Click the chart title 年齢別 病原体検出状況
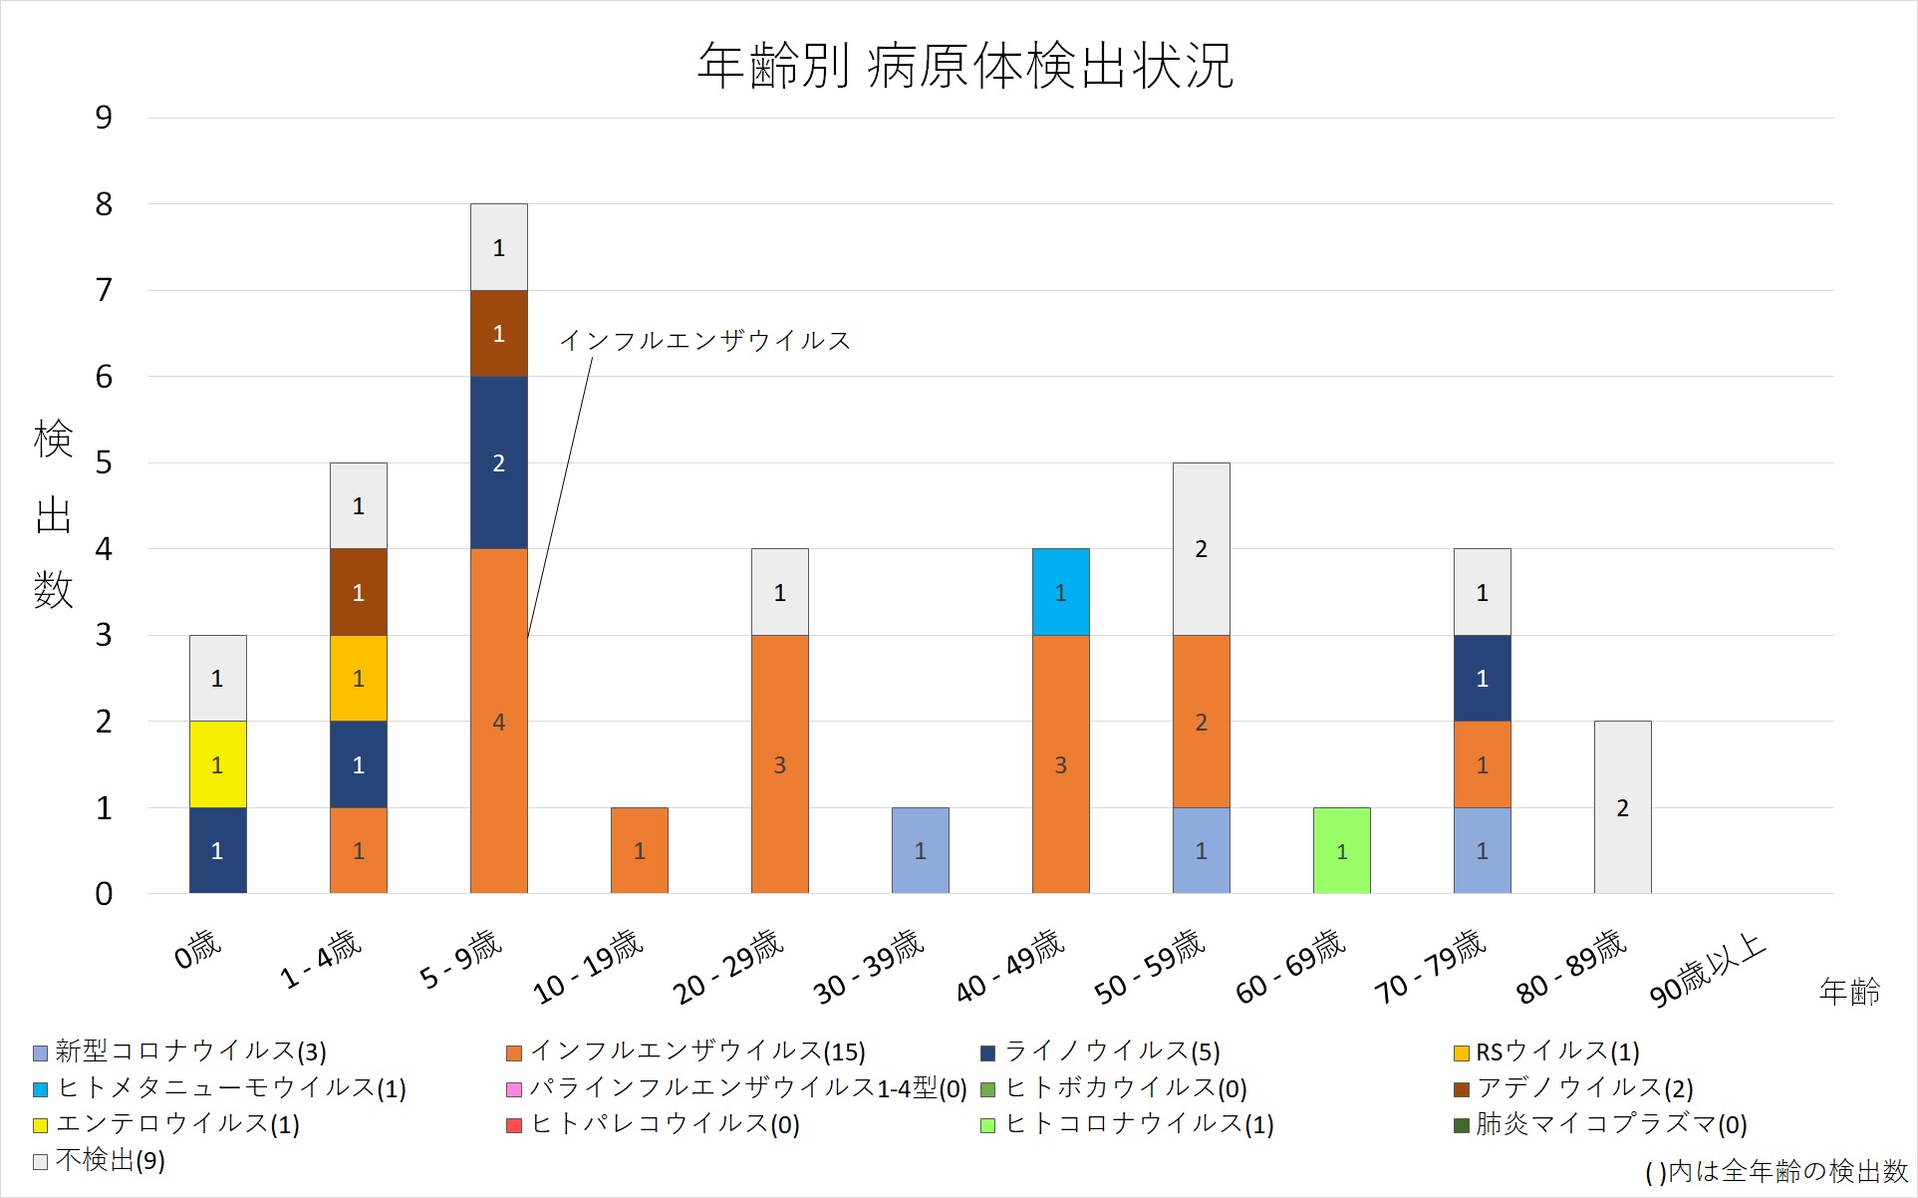tap(964, 66)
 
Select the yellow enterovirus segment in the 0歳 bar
tap(217, 764)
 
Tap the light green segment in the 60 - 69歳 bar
tap(1341, 850)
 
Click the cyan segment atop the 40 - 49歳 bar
tap(1060, 592)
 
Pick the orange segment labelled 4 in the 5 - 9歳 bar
tap(498, 721)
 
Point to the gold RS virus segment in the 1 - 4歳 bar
tap(358, 678)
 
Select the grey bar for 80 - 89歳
tap(1622, 807)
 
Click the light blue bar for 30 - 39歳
tap(920, 850)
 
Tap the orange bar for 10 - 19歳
tap(639, 850)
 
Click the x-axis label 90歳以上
tap(1708, 970)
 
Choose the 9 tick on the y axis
tap(104, 118)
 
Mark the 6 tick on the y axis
tap(104, 377)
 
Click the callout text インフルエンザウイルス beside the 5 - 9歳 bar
tap(704, 341)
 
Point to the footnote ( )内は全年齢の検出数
tap(1776, 1172)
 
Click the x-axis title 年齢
tap(1849, 992)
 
